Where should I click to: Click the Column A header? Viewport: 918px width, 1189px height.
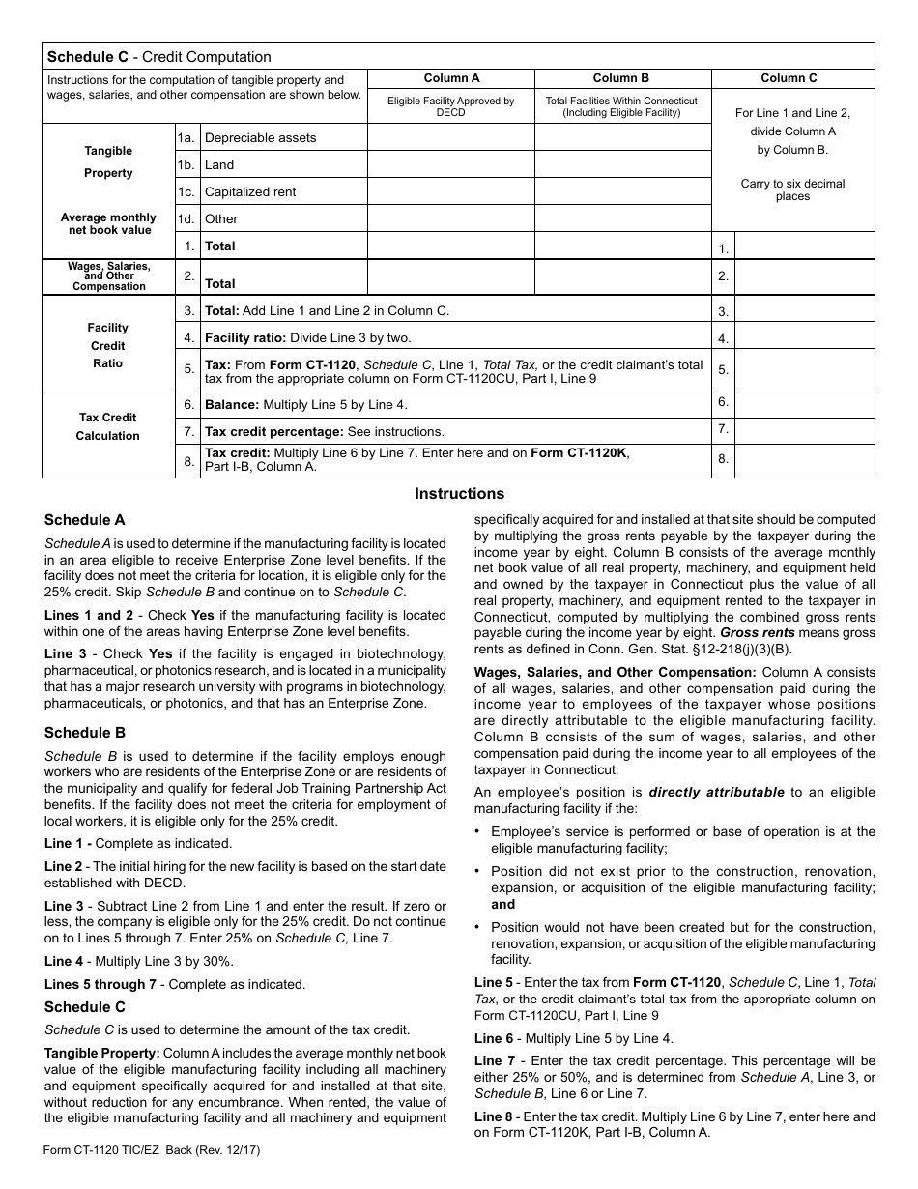tap(451, 78)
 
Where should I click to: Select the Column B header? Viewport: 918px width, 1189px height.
tap(621, 78)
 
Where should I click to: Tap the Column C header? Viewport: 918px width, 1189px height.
tap(789, 78)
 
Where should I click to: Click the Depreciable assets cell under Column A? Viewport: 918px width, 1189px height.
tap(451, 138)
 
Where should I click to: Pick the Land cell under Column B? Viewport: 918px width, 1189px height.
tap(621, 165)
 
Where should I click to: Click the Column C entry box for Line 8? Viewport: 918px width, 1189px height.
tap(804, 460)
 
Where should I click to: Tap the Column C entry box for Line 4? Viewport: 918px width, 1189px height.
tap(804, 339)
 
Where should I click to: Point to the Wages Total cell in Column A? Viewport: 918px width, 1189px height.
tap(451, 278)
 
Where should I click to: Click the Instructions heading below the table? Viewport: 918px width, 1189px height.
tap(459, 494)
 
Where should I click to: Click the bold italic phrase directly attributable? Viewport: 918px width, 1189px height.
tap(716, 792)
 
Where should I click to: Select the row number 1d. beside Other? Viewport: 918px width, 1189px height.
tap(186, 219)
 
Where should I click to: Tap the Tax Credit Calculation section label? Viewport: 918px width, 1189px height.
tap(107, 426)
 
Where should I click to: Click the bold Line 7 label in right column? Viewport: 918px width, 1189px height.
tap(494, 1060)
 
